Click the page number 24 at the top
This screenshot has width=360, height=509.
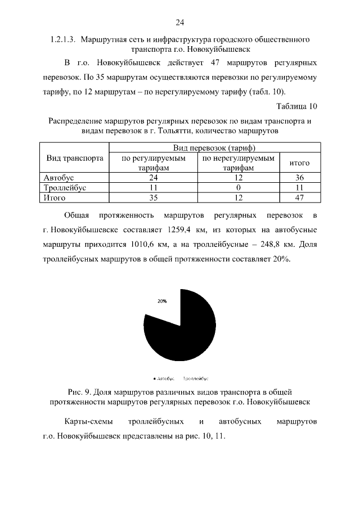180,22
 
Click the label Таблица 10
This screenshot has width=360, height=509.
297,106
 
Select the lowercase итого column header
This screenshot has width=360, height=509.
300,163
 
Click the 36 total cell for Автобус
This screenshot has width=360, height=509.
300,178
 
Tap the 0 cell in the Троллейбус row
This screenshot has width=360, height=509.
238,188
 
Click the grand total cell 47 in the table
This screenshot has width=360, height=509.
300,197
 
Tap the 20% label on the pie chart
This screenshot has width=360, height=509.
162,301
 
